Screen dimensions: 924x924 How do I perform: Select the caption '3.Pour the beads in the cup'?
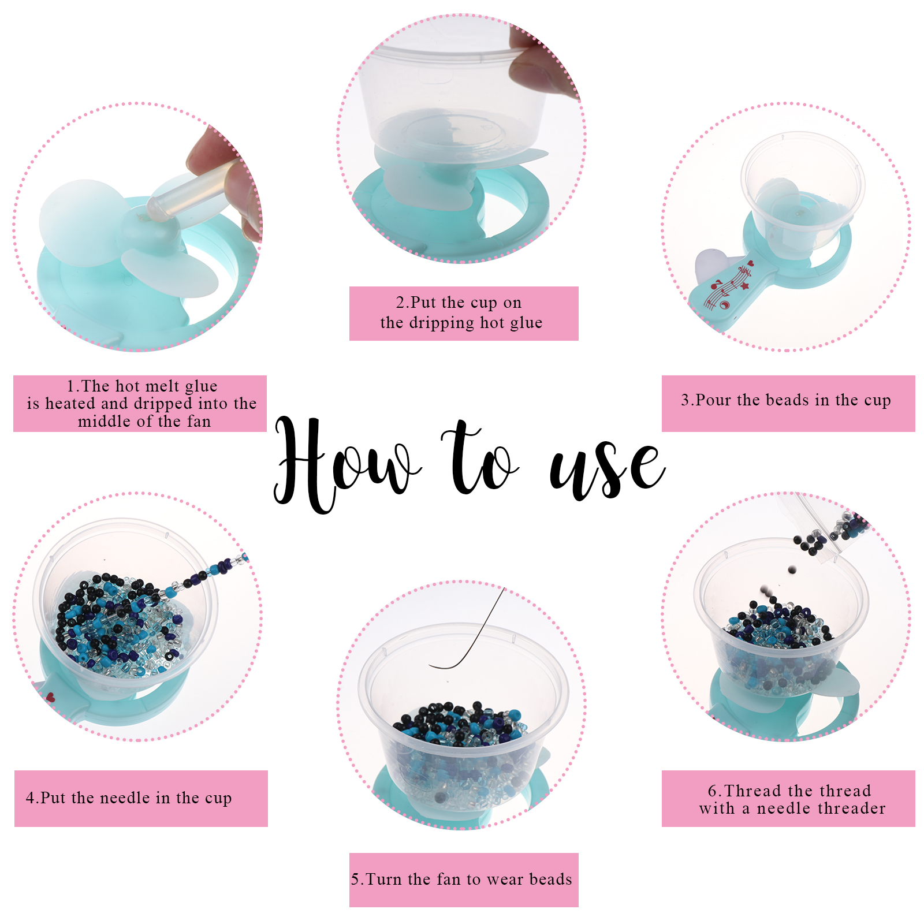coord(786,400)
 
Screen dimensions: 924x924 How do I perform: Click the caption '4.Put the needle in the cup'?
coord(129,798)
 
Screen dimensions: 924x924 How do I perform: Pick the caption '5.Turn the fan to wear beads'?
coord(461,879)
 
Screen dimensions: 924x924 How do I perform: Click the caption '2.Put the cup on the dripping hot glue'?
coord(461,312)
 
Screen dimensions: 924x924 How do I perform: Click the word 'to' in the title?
coord(479,459)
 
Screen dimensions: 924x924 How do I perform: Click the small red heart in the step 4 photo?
coord(50,697)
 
